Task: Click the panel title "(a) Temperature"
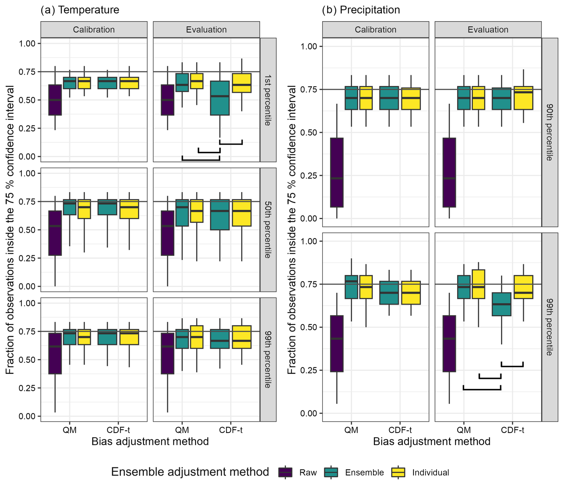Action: (x=80, y=10)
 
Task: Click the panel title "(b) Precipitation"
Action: (x=361, y=10)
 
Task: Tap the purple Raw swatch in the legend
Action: (x=285, y=472)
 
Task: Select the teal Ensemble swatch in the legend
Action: (x=331, y=472)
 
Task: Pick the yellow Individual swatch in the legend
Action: (x=398, y=472)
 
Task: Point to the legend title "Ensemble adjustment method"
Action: (x=190, y=472)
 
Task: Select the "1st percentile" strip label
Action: (x=268, y=100)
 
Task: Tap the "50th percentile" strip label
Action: (x=268, y=230)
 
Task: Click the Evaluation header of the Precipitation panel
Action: (x=488, y=30)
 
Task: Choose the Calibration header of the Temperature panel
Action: (x=94, y=30)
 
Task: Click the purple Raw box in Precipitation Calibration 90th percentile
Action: (x=337, y=172)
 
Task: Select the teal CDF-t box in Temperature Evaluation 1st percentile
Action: (x=220, y=98)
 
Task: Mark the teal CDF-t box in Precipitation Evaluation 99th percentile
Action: (x=501, y=304)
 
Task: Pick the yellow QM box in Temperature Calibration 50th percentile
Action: (x=84, y=209)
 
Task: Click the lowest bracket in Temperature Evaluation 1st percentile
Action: (x=201, y=159)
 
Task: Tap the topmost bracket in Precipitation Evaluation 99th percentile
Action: (x=512, y=366)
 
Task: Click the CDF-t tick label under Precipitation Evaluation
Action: (x=512, y=430)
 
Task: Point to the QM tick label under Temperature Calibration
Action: (x=69, y=430)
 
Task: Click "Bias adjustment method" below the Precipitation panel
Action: (x=431, y=441)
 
